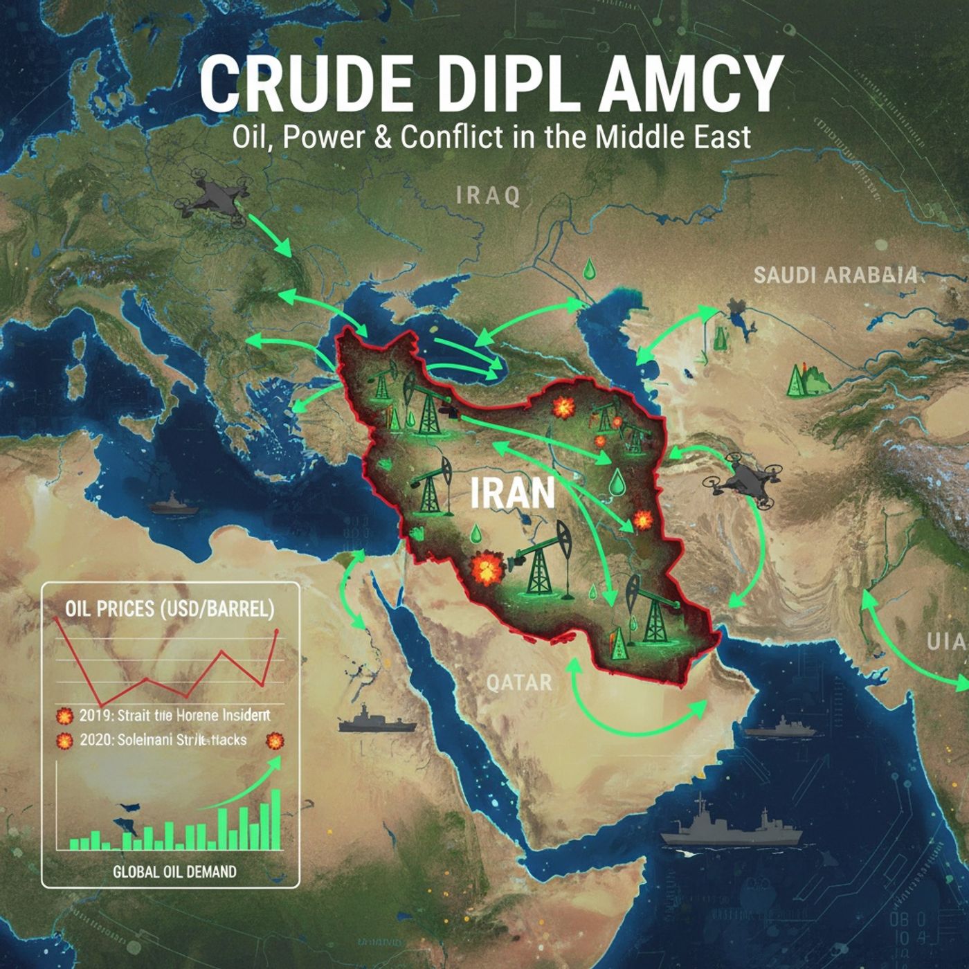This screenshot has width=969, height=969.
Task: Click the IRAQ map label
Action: [x=489, y=196]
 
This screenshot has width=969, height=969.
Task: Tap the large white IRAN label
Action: [x=512, y=493]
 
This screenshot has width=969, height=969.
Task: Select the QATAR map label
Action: [x=519, y=682]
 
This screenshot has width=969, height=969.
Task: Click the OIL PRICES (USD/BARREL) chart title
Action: [x=170, y=609]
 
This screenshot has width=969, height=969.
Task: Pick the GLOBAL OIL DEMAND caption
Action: [x=174, y=871]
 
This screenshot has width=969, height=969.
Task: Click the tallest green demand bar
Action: [x=275, y=820]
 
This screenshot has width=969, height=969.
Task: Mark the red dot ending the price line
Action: [x=277, y=632]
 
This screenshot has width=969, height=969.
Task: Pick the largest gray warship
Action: [x=730, y=828]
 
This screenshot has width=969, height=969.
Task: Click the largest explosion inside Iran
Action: [x=486, y=569]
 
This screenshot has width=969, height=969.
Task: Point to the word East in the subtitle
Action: [x=722, y=136]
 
